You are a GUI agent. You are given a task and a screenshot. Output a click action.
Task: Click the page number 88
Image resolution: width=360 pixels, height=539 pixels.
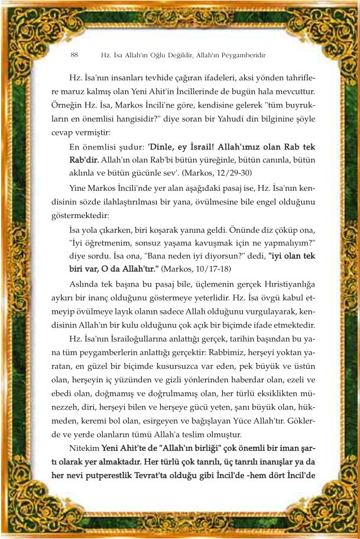pos(74,55)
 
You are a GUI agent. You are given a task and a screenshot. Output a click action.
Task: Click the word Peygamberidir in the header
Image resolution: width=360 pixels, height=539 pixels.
pos(241,55)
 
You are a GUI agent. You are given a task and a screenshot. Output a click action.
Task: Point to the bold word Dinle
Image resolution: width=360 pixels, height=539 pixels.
pos(162,147)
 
